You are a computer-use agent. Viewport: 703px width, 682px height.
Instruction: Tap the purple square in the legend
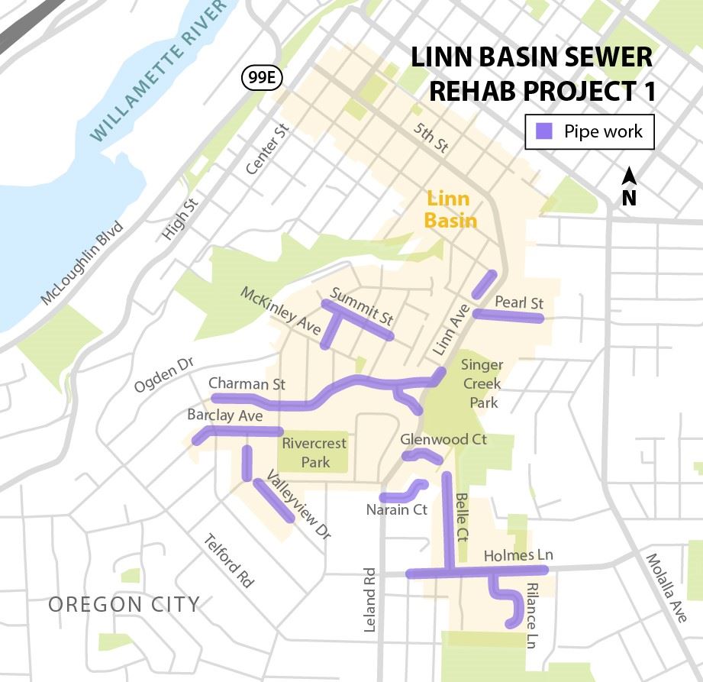545,131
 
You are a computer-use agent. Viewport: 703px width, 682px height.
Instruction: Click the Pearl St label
518,302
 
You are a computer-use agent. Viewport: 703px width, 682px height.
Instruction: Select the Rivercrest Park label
314,452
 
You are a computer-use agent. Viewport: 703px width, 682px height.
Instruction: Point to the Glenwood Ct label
443,440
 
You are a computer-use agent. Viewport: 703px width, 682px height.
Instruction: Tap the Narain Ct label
395,509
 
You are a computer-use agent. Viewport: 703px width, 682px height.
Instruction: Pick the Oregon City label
124,605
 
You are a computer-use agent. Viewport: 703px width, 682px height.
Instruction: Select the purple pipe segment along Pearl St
508,316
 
